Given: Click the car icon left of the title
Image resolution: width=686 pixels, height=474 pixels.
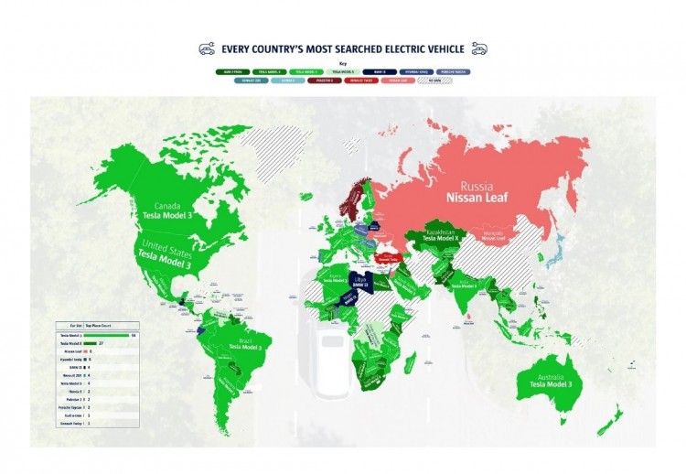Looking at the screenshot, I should pyautogui.click(x=207, y=49).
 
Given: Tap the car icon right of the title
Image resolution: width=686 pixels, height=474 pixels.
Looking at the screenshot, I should pyautogui.click(x=479, y=49).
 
